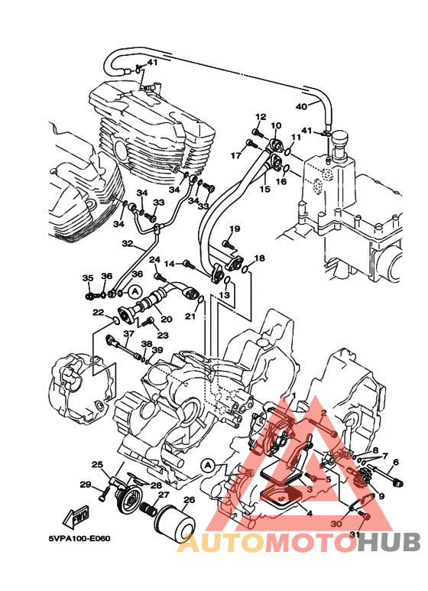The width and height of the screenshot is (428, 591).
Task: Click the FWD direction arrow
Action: [x=76, y=516]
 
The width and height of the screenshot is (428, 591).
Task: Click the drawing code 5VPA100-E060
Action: [x=79, y=538]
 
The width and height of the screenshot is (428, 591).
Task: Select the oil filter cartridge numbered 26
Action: [x=175, y=523]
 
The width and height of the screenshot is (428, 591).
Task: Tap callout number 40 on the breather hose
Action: [x=301, y=107]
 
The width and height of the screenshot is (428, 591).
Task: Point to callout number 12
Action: [x=261, y=117]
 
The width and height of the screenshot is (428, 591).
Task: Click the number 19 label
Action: [x=235, y=229]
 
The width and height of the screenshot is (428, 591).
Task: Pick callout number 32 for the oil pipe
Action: [x=128, y=243]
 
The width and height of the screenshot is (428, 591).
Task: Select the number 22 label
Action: [x=99, y=312]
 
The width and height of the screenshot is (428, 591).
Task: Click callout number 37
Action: [x=128, y=333]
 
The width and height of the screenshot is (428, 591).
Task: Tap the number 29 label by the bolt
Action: [x=86, y=484]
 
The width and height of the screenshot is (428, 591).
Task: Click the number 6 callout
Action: [x=396, y=462]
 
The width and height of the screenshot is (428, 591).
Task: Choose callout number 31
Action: [x=355, y=534]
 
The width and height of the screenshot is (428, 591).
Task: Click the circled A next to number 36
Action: [x=135, y=291]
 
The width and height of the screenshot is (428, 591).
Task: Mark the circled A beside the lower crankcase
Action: [x=209, y=466]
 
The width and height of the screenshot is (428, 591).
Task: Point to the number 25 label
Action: [x=97, y=464]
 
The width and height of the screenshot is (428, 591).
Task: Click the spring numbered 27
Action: [x=150, y=510]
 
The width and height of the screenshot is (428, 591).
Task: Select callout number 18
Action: [x=259, y=258]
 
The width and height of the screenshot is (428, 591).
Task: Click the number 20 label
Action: [x=166, y=320]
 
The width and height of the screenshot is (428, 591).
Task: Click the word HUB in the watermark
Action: [x=389, y=542]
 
